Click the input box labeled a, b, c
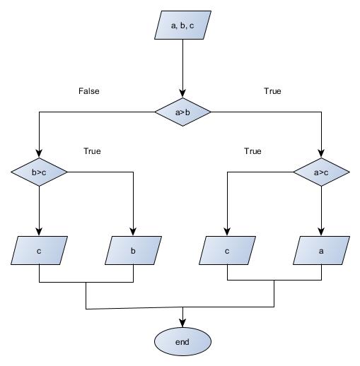point(183,26)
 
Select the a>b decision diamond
point(183,112)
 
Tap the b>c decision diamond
point(39,171)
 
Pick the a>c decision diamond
point(322,171)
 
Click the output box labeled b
point(132,249)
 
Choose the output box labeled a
point(322,249)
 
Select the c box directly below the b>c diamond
point(39,249)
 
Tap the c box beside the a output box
point(227,249)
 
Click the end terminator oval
point(183,342)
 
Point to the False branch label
point(88,91)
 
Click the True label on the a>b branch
point(272,91)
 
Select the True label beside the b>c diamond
point(92,151)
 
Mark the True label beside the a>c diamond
point(252,151)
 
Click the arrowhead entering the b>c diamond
point(39,153)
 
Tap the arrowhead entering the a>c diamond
point(322,153)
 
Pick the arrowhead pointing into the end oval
point(183,324)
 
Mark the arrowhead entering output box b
point(132,232)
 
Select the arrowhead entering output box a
point(322,232)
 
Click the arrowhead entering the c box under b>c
point(39,232)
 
